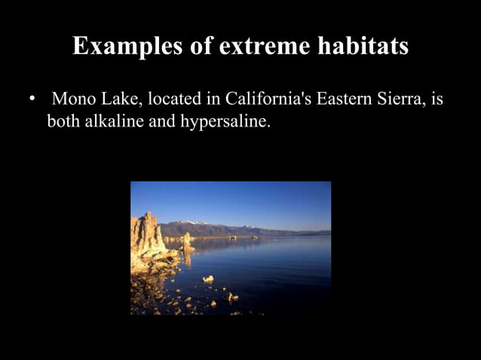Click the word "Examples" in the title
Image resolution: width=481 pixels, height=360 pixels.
pyautogui.click(x=124, y=47)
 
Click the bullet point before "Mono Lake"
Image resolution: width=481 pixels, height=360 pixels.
pyautogui.click(x=32, y=99)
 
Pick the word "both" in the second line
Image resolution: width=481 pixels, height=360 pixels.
pyautogui.click(x=63, y=121)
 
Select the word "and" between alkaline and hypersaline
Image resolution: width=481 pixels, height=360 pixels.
pyautogui.click(x=161, y=121)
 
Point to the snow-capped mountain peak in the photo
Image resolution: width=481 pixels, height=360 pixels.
pyautogui.click(x=195, y=223)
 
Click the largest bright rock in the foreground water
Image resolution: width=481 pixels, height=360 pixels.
pyautogui.click(x=208, y=279)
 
